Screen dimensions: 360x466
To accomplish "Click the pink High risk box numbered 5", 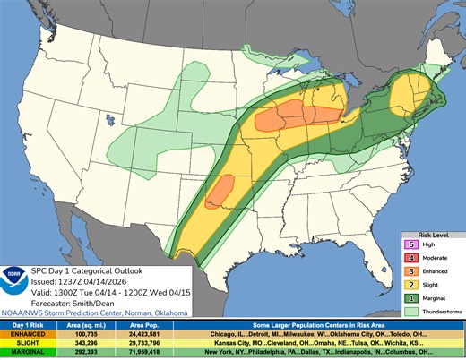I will pyautogui.click(x=411, y=242).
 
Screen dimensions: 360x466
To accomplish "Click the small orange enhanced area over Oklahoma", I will pyautogui.click(x=220, y=193).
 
